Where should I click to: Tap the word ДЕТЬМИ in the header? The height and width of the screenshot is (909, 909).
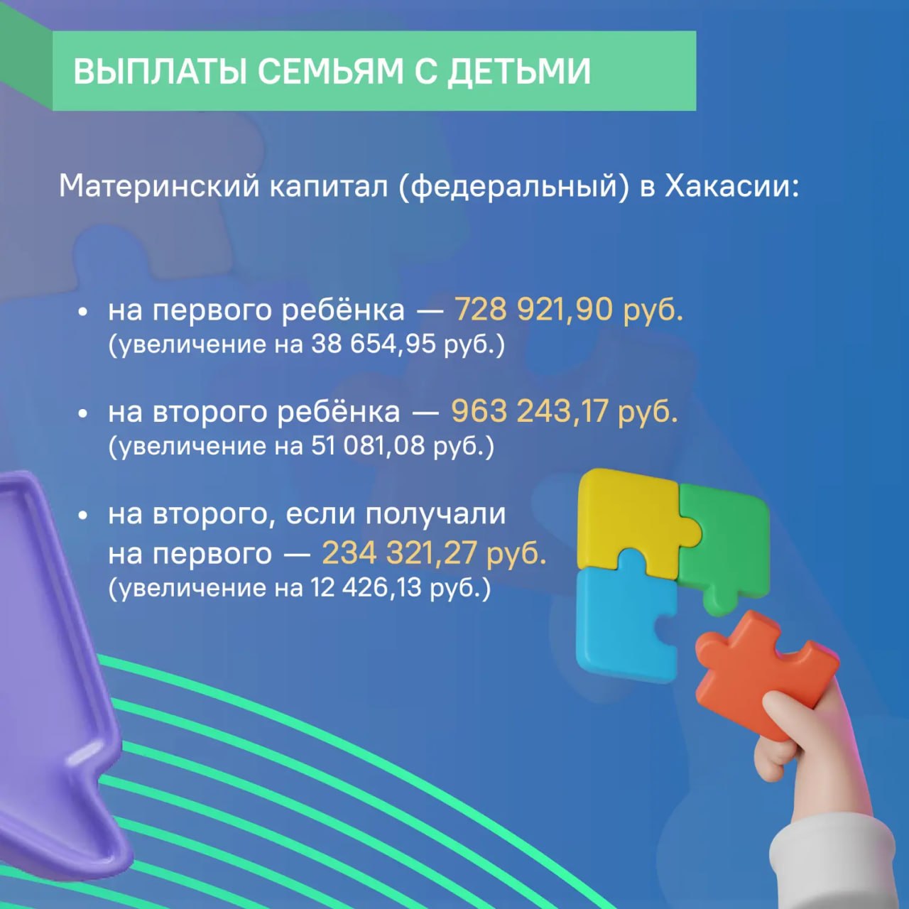point(519,72)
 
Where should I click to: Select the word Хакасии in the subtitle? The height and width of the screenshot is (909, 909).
point(731,186)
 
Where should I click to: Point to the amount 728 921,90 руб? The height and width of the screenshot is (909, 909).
point(568,310)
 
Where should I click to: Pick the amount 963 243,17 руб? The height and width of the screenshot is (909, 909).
point(564,411)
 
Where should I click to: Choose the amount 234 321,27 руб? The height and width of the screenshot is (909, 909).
point(434,553)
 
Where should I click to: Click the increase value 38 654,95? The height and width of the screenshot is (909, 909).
point(373,344)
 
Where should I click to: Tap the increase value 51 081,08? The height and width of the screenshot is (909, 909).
point(368,446)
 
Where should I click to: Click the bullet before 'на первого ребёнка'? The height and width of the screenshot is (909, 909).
point(84,312)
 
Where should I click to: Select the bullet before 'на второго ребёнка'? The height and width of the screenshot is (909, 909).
point(84,413)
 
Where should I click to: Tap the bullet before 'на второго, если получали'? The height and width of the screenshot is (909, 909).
point(84,516)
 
